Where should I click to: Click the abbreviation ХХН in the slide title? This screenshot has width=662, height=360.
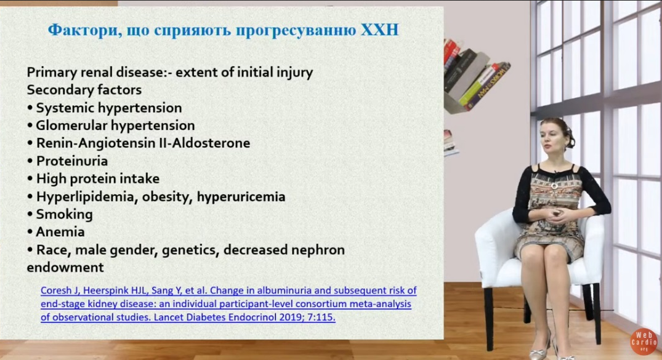click(379, 30)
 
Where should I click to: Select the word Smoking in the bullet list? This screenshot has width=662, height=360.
click(64, 214)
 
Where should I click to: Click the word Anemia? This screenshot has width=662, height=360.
click(60, 232)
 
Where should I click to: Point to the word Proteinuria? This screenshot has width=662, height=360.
click(72, 161)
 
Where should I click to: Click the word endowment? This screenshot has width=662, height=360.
click(65, 267)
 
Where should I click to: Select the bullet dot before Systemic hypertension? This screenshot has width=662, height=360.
click(30, 108)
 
